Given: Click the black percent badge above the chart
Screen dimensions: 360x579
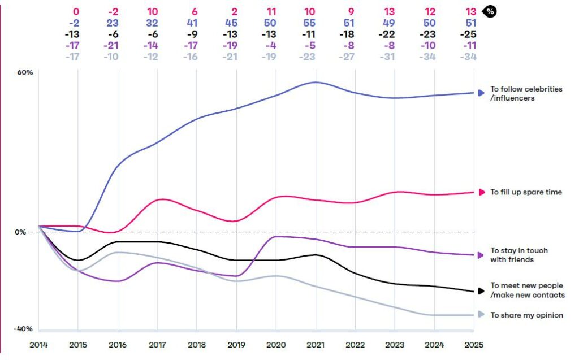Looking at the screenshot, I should click(489, 12).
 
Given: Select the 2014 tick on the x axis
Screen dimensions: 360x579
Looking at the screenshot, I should click(38, 344).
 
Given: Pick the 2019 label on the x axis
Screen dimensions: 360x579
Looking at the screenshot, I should click(236, 344).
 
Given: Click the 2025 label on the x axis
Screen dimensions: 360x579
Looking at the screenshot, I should click(474, 344).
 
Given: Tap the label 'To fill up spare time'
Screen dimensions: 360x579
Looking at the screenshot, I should click(526, 192).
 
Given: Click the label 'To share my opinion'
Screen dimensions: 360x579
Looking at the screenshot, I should click(526, 315).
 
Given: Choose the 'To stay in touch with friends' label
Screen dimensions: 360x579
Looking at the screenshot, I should click(519, 255).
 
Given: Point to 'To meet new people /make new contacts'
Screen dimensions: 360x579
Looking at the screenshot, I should click(527, 290).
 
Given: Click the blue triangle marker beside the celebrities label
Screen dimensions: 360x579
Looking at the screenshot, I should click(481, 92).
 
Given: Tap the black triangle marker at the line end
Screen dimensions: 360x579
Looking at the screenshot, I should click(481, 291).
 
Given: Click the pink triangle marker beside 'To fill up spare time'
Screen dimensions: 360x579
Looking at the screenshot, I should click(482, 192).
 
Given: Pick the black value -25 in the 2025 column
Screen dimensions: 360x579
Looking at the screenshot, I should click(468, 34).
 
